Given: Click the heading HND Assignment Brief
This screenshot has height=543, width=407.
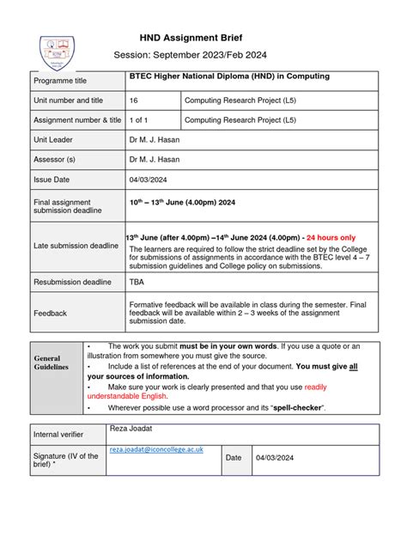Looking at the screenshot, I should [191, 38].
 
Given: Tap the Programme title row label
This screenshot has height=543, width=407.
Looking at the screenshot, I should [60, 81].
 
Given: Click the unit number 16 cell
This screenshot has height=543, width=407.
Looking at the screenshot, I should [134, 101].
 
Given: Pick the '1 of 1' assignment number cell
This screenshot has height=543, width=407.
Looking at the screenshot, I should [141, 120].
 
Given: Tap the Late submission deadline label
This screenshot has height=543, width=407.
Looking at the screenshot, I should [76, 247].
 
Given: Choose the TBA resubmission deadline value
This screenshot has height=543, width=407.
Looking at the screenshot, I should [137, 281].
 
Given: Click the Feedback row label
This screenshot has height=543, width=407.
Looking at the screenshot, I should [50, 314].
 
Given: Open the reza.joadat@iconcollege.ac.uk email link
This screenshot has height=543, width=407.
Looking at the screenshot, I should [155, 449].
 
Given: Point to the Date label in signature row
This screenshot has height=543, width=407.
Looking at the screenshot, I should [234, 458].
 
